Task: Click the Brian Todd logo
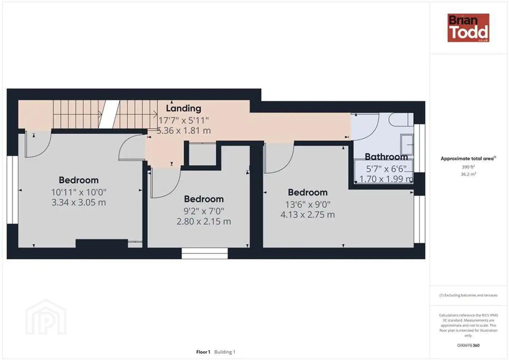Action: click(468, 28)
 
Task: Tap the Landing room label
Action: click(183, 108)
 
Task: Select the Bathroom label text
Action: click(386, 157)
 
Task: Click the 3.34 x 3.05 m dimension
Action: click(79, 202)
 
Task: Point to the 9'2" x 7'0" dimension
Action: click(204, 211)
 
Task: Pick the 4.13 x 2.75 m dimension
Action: click(308, 215)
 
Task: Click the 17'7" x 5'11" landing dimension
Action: click(183, 120)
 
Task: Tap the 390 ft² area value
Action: click(468, 167)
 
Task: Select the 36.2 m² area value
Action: click(468, 174)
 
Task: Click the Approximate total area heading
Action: click(468, 159)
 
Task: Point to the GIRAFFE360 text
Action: click(468, 345)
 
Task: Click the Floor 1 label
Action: click(203, 352)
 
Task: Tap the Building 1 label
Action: click(225, 352)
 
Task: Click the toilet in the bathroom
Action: click(401, 119)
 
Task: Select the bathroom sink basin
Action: click(407, 145)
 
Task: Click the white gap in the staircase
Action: click(109, 114)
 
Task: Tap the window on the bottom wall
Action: click(204, 253)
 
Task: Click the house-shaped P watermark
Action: click(46, 317)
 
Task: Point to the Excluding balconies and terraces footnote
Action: click(468, 295)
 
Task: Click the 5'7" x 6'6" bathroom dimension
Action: click(386, 169)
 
